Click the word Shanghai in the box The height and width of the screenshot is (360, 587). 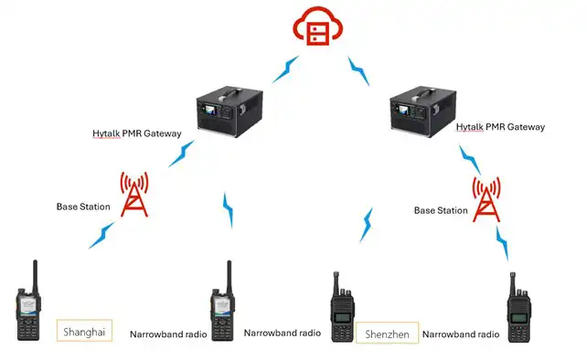(84, 331)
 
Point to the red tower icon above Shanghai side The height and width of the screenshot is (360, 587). (134, 193)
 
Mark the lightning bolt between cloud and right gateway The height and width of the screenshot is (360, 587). (359, 69)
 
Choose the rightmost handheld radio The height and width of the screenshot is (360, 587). (518, 308)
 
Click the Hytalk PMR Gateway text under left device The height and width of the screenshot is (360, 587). (137, 133)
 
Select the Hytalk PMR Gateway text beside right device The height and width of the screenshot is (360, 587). (499, 126)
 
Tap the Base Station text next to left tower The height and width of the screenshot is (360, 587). (83, 206)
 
